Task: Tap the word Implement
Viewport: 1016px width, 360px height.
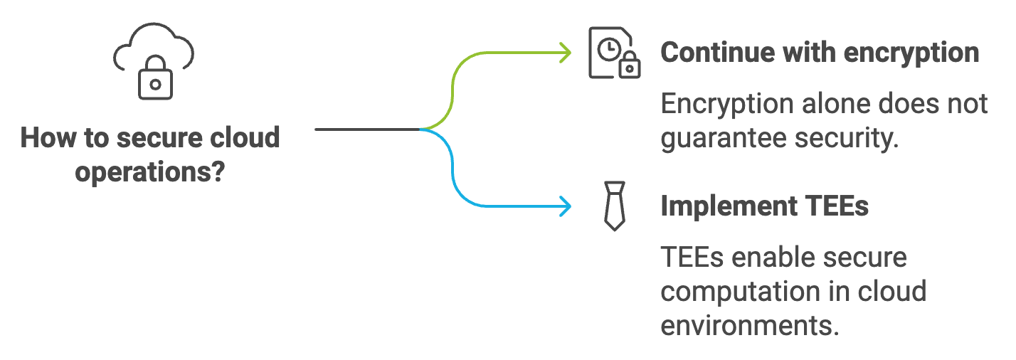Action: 726,206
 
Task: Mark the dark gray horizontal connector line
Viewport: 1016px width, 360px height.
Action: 367,129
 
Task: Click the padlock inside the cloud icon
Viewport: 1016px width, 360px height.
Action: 155,81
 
